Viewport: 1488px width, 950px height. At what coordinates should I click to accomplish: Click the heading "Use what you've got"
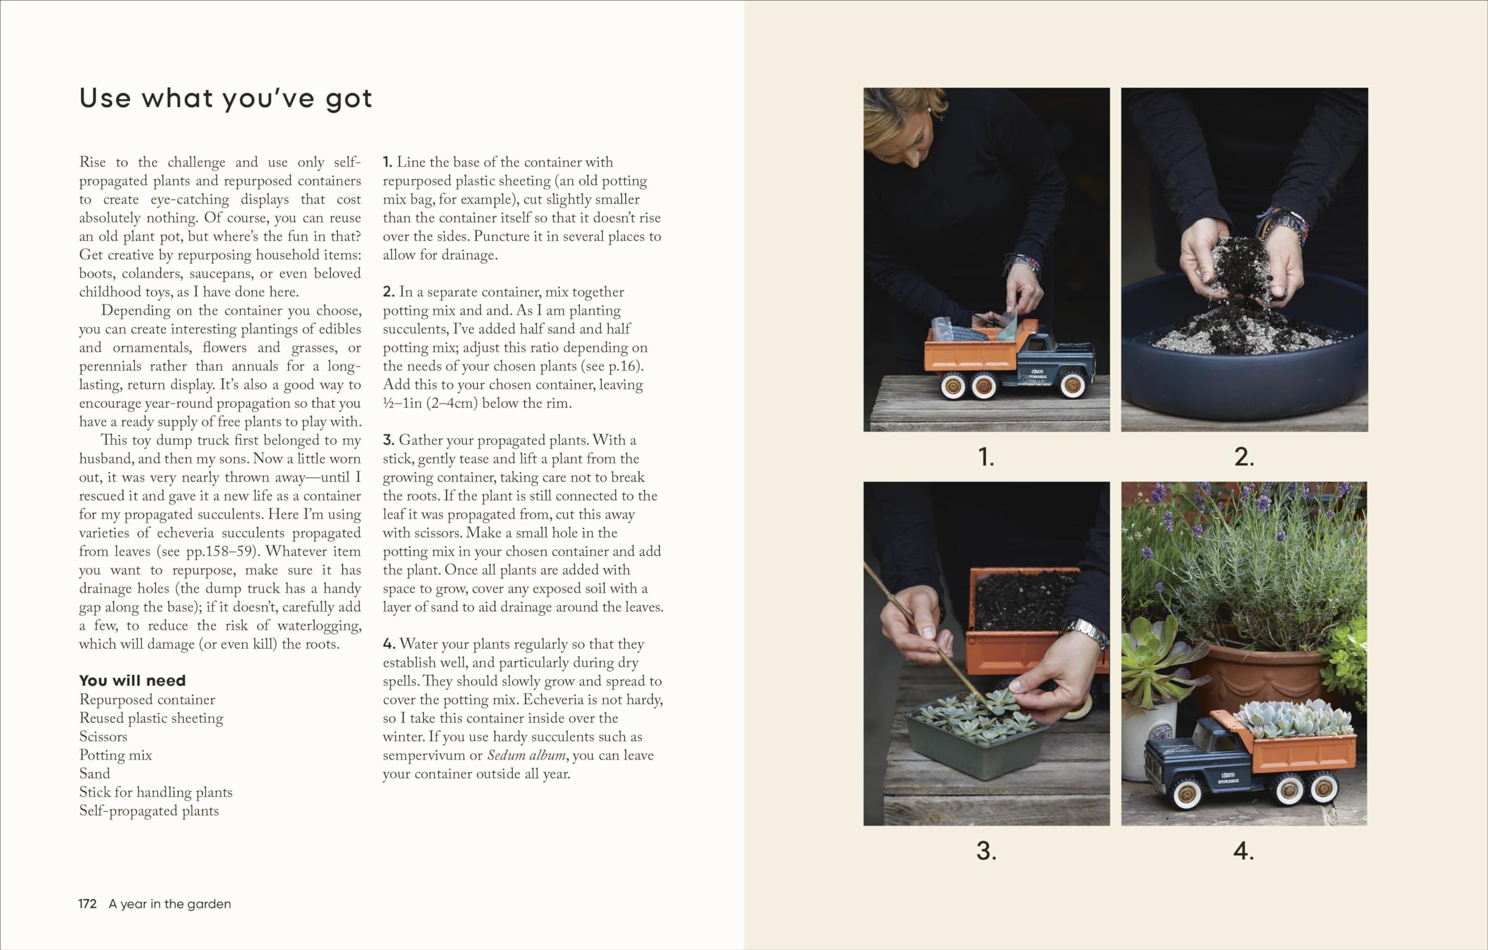pos(226,99)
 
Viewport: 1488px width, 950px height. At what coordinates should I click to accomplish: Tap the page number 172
pos(87,903)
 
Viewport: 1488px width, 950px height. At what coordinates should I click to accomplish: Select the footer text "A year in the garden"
pos(170,903)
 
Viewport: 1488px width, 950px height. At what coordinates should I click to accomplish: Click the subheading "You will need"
pos(133,680)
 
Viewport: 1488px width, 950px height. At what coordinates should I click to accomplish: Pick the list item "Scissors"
pos(103,737)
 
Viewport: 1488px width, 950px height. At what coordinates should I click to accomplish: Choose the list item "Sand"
pos(95,774)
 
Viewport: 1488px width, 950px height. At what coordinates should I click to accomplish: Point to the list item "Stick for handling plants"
pos(156,792)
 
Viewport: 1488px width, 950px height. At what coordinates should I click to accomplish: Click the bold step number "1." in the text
pos(388,162)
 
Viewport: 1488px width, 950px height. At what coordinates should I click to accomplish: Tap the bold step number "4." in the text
pos(389,644)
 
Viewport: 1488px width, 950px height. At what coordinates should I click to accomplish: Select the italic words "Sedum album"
pos(526,755)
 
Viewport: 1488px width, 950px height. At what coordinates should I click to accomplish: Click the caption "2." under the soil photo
pos(1244,458)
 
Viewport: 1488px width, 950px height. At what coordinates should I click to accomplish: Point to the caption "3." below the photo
pos(986,851)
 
